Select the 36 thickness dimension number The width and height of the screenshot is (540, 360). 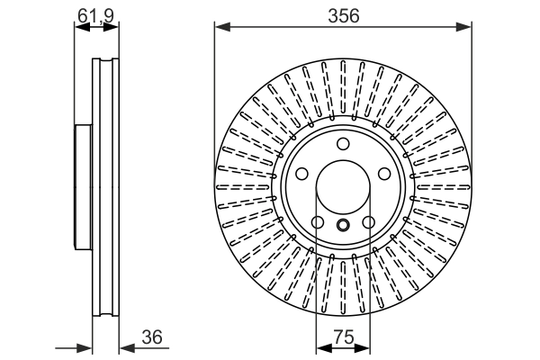tap(152, 337)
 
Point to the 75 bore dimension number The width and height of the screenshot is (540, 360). tap(342, 337)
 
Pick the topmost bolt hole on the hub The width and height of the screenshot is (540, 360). tap(343, 146)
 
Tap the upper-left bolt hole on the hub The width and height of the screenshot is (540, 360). tap(303, 175)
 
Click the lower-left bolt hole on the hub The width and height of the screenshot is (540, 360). tap(318, 222)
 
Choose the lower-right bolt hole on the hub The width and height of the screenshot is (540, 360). tap(368, 222)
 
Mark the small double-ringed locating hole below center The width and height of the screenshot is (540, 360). tap(343, 226)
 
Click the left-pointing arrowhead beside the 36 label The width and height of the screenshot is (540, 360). tap(124, 346)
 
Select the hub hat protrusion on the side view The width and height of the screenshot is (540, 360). tap(83, 187)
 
